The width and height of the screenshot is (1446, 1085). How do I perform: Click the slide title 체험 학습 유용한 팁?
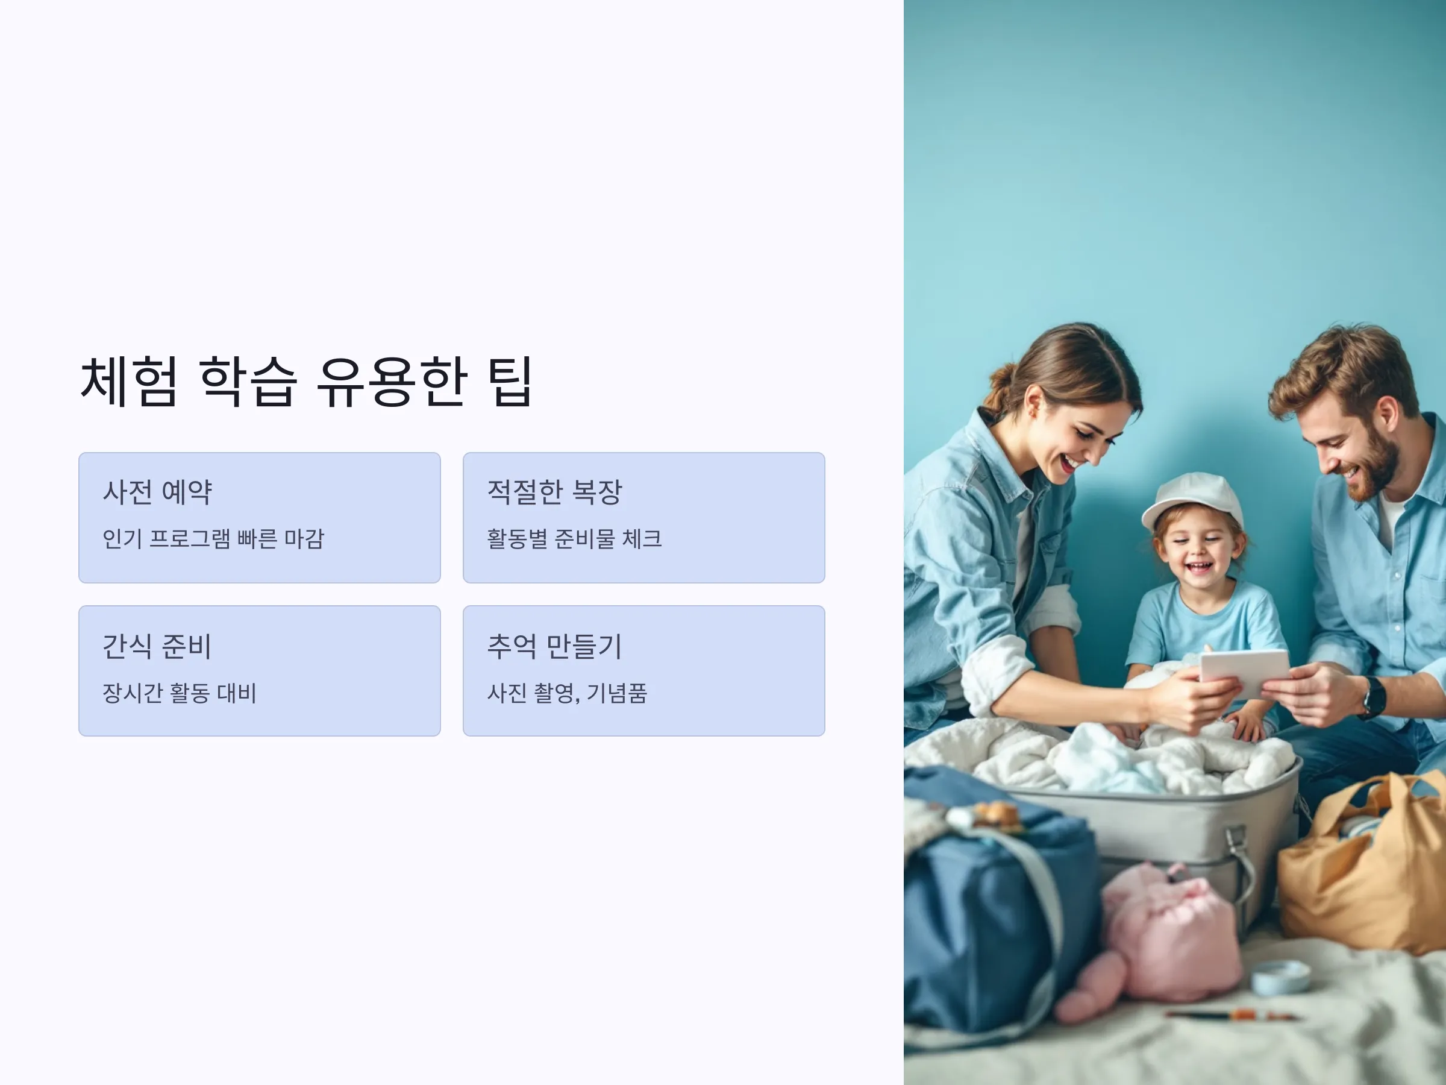[x=306, y=382]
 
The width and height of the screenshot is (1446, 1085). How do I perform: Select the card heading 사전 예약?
[x=157, y=492]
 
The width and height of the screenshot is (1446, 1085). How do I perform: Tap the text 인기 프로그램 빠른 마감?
[x=213, y=539]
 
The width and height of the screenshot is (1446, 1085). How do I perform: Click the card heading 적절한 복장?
[x=554, y=492]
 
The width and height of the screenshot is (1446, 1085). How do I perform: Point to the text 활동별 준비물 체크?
[x=574, y=539]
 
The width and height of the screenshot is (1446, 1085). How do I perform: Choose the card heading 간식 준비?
[x=157, y=646]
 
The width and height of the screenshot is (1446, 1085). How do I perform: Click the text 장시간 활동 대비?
[x=179, y=693]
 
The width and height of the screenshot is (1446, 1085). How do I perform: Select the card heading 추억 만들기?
[x=554, y=646]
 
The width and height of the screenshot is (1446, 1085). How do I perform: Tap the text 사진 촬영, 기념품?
[x=567, y=693]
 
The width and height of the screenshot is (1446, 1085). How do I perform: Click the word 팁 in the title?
[x=511, y=382]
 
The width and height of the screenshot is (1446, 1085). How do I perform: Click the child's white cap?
[x=1192, y=500]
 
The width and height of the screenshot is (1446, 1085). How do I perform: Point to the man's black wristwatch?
[x=1374, y=697]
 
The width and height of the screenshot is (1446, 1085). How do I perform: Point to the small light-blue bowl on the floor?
[x=1280, y=978]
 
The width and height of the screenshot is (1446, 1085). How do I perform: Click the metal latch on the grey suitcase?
[x=1236, y=844]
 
